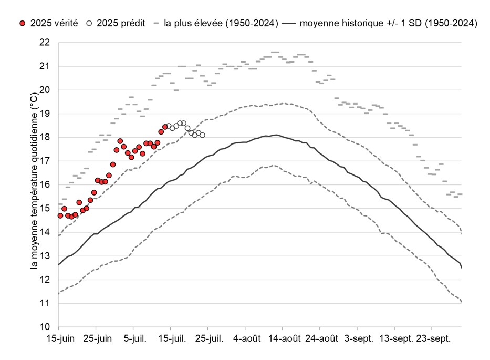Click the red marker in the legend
pyautogui.click(x=22, y=24)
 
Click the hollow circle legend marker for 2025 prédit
pyautogui.click(x=90, y=24)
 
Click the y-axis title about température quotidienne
pyautogui.click(x=34, y=184)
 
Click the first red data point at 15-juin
pyautogui.click(x=60, y=215)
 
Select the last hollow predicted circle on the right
pyautogui.click(x=202, y=135)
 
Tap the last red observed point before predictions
pyautogui.click(x=165, y=127)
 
